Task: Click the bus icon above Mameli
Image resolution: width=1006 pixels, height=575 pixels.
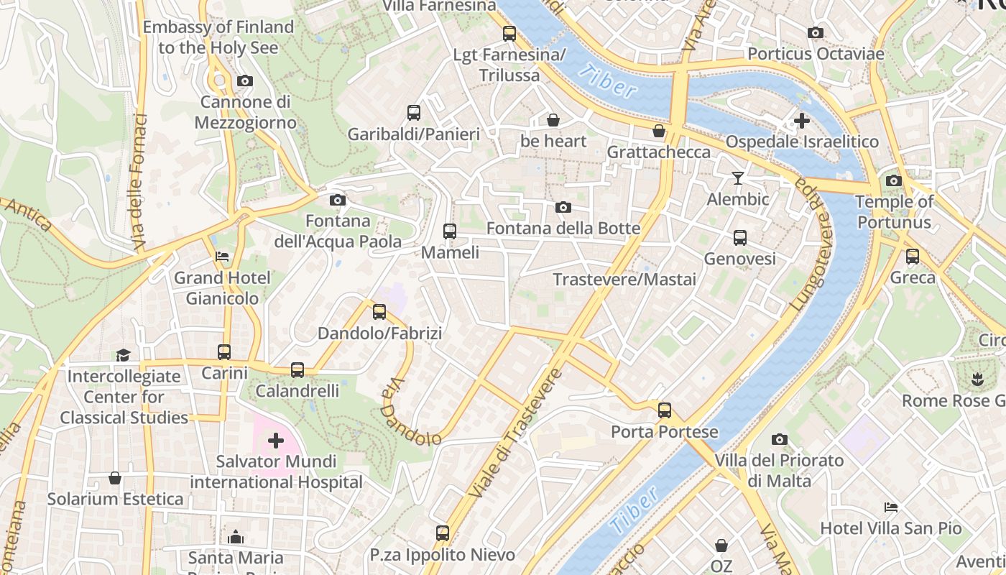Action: coord(450,231)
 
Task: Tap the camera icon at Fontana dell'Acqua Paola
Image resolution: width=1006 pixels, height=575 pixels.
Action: coord(337,200)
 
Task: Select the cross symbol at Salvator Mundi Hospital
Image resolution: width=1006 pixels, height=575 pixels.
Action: coord(275,440)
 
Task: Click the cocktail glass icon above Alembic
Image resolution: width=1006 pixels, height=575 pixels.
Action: coord(738,178)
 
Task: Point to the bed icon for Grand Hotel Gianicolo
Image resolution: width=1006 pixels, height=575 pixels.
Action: coord(222,257)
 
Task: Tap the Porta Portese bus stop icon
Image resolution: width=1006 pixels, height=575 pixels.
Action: coord(665,410)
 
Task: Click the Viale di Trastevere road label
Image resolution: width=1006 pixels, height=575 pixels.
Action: coord(515,434)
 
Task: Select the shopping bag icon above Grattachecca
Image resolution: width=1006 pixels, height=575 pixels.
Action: coord(658,131)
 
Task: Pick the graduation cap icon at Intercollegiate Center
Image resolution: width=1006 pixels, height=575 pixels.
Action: coord(123,355)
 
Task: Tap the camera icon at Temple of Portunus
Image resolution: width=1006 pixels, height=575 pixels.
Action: coord(894,180)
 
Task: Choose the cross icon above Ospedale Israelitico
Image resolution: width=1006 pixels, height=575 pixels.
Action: coord(802,121)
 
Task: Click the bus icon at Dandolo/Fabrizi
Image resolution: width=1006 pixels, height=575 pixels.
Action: coord(379,312)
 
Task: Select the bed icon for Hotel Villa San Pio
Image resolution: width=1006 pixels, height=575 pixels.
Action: coord(891,507)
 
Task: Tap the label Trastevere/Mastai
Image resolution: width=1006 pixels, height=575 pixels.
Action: coord(624,279)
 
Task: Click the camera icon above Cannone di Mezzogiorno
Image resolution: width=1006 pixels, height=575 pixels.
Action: coord(245,80)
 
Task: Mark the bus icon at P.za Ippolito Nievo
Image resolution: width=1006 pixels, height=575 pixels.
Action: coord(443,533)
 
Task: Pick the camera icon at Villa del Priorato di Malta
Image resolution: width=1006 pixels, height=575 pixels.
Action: coord(780,439)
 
